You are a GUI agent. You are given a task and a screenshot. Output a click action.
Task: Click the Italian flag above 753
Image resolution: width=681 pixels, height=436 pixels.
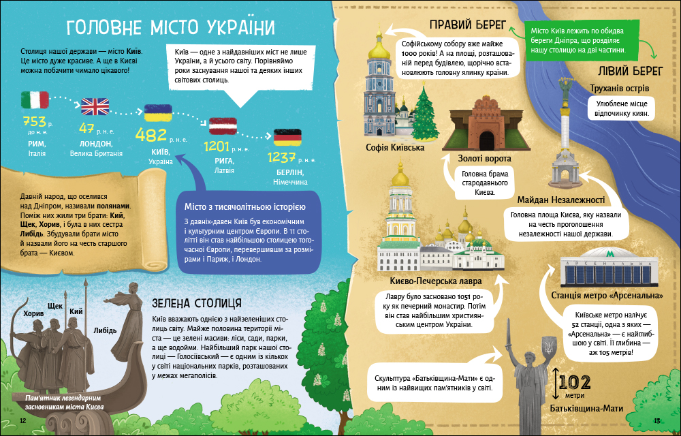(x=35, y=101)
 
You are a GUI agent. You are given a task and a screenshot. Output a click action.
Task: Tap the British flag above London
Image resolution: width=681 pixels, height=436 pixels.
(x=95, y=106)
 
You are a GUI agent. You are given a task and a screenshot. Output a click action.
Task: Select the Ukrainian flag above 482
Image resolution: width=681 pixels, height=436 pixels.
(x=157, y=114)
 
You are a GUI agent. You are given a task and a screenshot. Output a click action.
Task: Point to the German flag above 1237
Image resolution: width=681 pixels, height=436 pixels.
(x=287, y=137)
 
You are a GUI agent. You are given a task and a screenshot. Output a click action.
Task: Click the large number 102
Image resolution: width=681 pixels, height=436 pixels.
(x=579, y=383)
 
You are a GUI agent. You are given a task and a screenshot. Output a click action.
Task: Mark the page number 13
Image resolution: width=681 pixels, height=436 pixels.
(x=656, y=421)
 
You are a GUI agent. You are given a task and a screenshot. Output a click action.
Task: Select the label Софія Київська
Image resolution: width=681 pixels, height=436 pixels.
(x=395, y=147)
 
